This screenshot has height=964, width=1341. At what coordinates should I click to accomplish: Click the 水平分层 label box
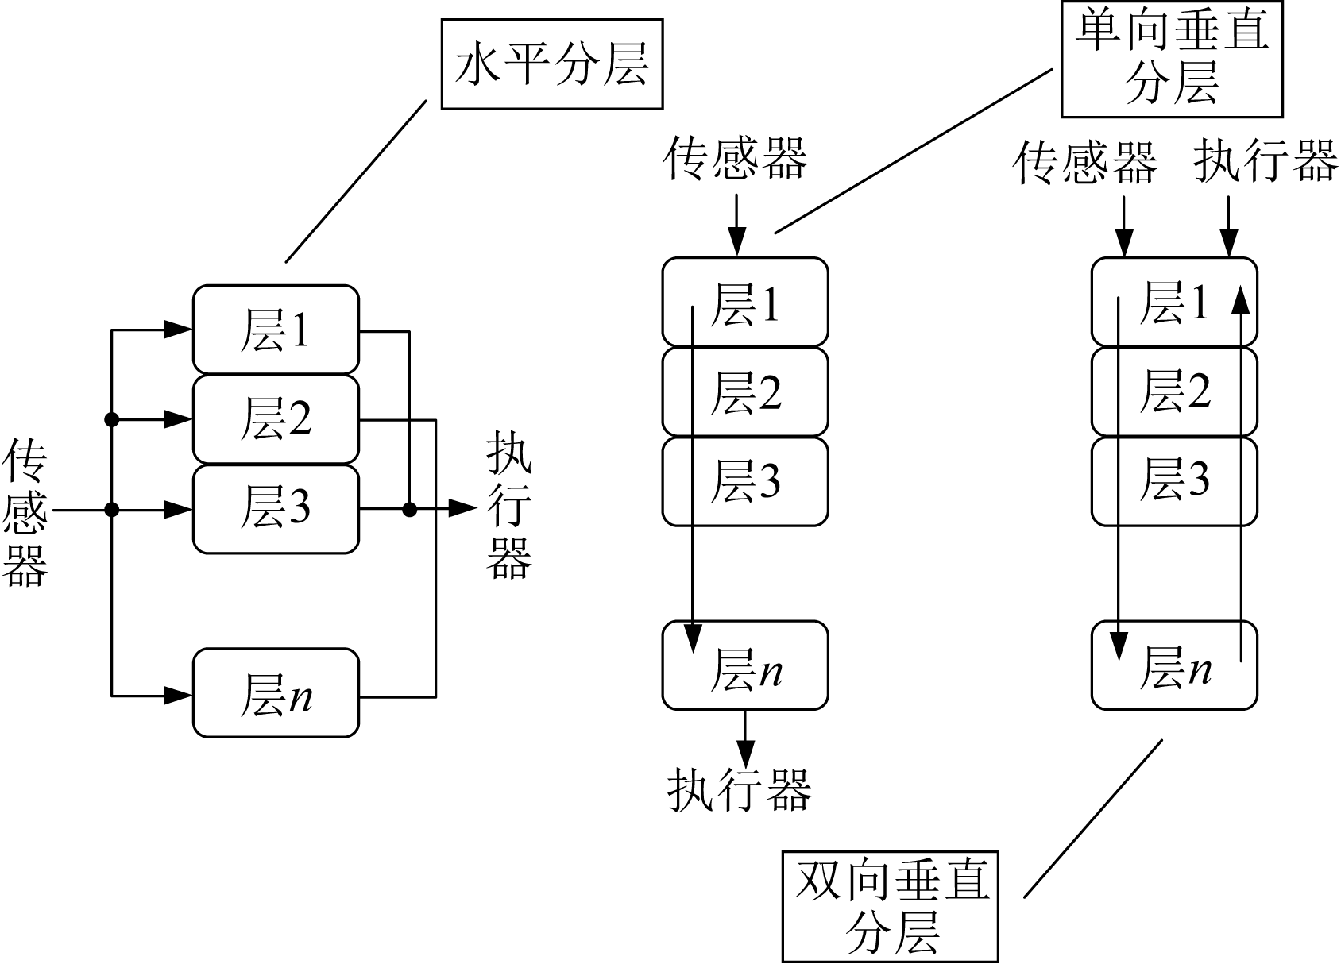(x=551, y=64)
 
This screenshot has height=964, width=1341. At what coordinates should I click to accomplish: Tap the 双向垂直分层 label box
(x=891, y=906)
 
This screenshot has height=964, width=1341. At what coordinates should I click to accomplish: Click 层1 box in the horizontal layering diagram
(x=276, y=330)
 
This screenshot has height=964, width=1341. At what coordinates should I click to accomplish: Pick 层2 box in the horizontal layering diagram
(x=276, y=419)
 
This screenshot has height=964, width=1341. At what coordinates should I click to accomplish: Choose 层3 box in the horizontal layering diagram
(x=276, y=508)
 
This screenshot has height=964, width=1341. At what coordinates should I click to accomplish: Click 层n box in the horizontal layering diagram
(x=276, y=693)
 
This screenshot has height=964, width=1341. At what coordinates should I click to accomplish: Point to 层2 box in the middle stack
(x=745, y=391)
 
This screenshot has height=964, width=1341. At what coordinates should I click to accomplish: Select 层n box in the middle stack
(x=745, y=665)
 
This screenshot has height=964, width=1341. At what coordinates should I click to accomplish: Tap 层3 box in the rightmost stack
(x=1174, y=481)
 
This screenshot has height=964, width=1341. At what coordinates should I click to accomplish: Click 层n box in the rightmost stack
(x=1174, y=665)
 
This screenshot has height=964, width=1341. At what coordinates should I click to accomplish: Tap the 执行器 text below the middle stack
(x=740, y=789)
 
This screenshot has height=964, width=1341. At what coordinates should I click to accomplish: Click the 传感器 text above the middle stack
(x=736, y=156)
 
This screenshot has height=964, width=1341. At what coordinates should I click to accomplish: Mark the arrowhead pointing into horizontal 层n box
(x=180, y=696)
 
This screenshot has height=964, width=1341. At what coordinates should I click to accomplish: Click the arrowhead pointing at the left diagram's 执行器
(x=462, y=509)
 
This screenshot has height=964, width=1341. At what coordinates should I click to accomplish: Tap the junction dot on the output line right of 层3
(x=409, y=509)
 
